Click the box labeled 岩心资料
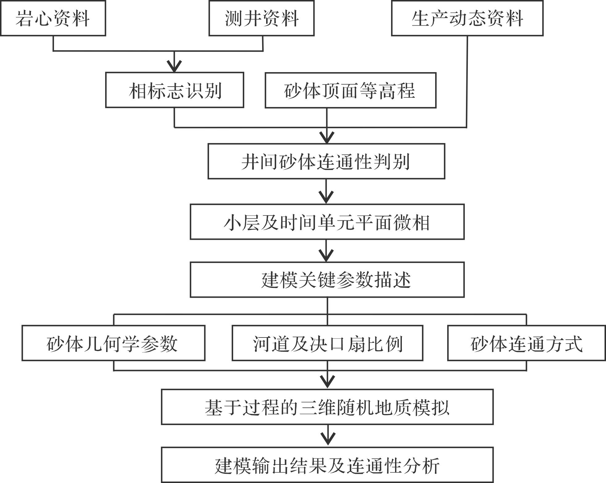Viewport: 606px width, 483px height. [x=53, y=18]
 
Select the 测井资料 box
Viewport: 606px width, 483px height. [x=262, y=18]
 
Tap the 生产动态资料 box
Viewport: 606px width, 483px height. [x=467, y=18]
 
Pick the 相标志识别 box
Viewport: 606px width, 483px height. [x=175, y=90]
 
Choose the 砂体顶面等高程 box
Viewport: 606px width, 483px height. [x=350, y=90]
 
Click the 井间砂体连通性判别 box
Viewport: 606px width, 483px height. [x=326, y=161]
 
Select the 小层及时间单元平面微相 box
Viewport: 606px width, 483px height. [x=327, y=222]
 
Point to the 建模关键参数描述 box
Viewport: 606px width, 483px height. [x=327, y=280]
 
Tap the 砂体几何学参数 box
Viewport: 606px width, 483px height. [x=113, y=343]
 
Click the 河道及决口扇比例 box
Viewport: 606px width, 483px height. [x=327, y=343]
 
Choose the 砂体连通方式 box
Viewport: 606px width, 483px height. [x=526, y=343]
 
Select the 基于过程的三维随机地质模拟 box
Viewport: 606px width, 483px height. [x=327, y=407]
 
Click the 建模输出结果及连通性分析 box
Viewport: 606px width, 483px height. [x=327, y=465]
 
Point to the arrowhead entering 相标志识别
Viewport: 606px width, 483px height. [x=174, y=66]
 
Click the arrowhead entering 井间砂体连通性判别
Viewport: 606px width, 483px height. [x=327, y=137]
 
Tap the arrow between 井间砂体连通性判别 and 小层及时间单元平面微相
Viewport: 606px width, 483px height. [x=326, y=193]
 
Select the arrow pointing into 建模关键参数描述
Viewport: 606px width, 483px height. [x=326, y=253]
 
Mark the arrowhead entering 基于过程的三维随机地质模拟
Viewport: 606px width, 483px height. [x=328, y=381]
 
